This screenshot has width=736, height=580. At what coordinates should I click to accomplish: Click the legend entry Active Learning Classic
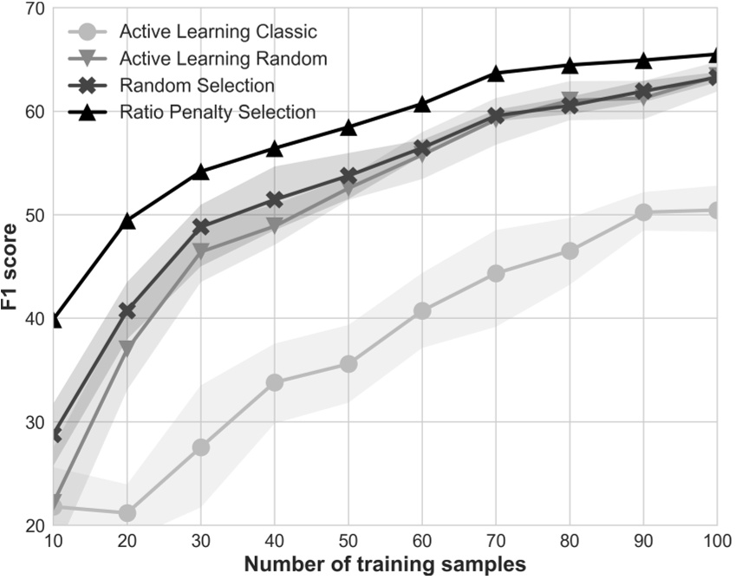(218, 33)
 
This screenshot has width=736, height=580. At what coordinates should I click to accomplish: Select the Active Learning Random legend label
(222, 59)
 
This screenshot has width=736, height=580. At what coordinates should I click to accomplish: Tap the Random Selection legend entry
(197, 85)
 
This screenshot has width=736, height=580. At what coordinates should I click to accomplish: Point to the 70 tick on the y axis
(35, 10)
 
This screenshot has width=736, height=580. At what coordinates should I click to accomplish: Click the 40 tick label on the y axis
(35, 319)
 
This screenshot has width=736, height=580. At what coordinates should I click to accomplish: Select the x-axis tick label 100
(716, 539)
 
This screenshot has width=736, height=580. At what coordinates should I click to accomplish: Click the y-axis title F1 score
(11, 267)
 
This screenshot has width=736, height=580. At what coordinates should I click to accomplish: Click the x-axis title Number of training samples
(384, 564)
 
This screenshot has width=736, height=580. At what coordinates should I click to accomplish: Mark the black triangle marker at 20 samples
(127, 221)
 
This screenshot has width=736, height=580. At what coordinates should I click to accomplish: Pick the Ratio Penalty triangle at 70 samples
(496, 74)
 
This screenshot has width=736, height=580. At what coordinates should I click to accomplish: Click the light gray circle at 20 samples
(127, 513)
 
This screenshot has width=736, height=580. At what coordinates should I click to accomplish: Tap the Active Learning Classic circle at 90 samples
(643, 212)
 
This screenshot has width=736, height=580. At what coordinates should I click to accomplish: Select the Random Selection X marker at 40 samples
(274, 200)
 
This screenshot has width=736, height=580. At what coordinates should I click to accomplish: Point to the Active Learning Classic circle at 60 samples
(422, 311)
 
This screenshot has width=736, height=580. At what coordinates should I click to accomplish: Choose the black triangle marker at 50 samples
(348, 127)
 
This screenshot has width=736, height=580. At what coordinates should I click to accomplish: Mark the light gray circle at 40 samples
(274, 382)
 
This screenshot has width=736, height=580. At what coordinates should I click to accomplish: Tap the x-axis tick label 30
(200, 539)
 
